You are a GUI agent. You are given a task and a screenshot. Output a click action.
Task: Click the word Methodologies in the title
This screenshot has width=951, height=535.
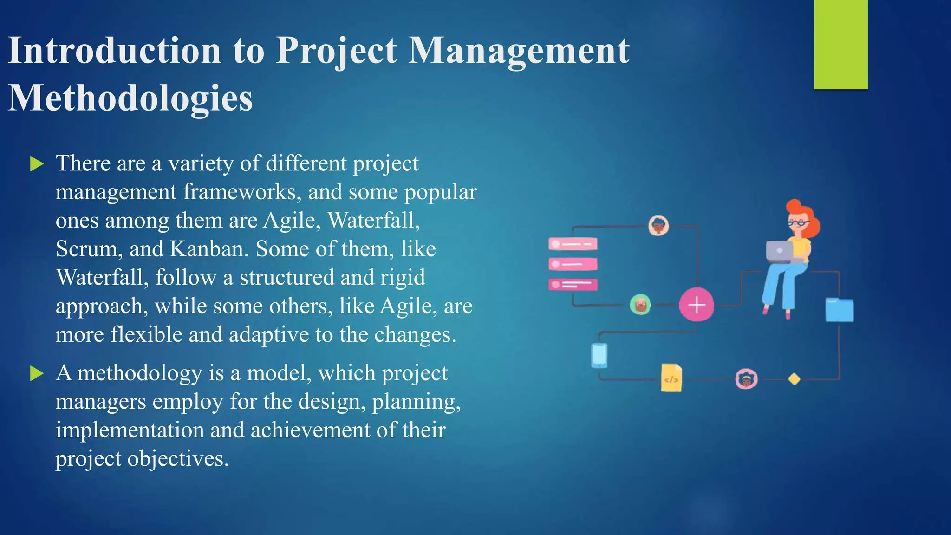click(130, 98)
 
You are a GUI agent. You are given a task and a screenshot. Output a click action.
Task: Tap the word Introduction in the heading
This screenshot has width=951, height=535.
click(114, 50)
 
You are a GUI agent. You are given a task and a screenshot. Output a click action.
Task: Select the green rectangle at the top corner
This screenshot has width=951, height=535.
click(840, 44)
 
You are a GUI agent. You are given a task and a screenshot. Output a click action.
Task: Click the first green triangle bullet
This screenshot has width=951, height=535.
click(37, 164)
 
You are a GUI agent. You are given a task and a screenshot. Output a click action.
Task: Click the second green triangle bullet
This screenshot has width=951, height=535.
click(37, 373)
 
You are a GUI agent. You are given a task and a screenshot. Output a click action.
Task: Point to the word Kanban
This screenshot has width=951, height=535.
click(207, 249)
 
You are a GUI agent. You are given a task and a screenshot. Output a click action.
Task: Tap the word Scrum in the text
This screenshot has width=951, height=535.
click(86, 249)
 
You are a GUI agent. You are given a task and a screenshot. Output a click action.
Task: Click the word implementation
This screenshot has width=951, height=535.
click(130, 430)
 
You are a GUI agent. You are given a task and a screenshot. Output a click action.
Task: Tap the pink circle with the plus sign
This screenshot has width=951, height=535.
click(696, 305)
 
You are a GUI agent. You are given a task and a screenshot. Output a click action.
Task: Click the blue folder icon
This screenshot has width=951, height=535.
click(839, 310)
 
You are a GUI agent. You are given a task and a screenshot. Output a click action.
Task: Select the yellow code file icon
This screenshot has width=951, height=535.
click(671, 378)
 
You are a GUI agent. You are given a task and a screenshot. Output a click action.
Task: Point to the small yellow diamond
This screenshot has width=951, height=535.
click(794, 379)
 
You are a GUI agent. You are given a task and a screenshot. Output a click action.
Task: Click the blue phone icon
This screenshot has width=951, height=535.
click(599, 355)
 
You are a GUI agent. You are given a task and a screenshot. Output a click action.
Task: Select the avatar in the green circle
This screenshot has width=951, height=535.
click(640, 305)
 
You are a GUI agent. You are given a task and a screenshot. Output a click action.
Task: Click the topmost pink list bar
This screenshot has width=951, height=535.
click(573, 244)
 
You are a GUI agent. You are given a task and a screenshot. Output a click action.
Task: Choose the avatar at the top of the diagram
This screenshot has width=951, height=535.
click(658, 226)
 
